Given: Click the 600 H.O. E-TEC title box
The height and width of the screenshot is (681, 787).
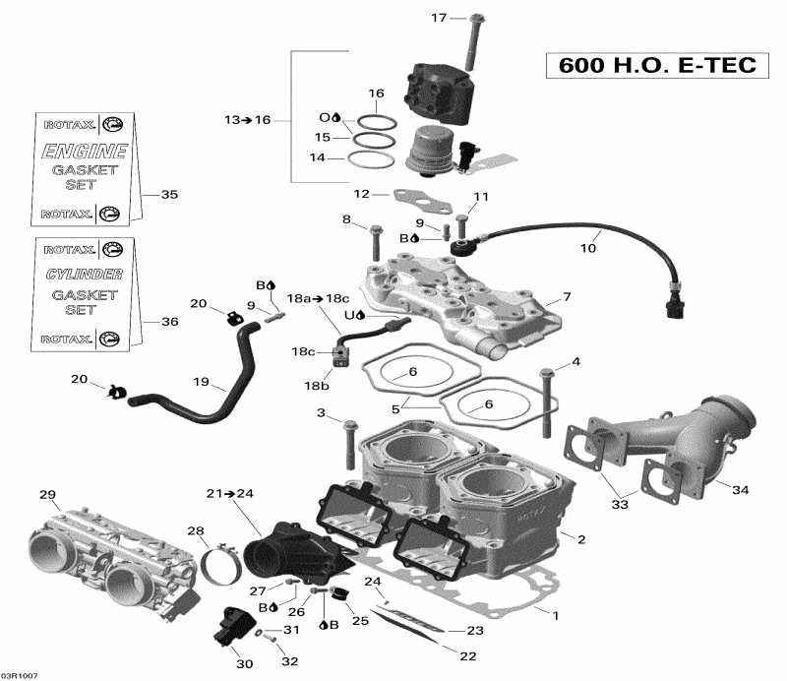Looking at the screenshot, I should (657, 66).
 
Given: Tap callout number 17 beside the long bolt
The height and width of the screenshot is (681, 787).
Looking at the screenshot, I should (439, 18).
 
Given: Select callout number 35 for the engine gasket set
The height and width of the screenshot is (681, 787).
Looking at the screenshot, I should (170, 195).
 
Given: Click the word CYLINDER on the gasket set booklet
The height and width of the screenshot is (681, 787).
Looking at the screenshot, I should (84, 274).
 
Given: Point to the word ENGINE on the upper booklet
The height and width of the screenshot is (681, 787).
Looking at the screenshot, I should (84, 152).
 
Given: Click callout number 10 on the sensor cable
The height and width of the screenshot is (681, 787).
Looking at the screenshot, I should (587, 248).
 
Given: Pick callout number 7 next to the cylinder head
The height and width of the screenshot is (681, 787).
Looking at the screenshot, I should (566, 297).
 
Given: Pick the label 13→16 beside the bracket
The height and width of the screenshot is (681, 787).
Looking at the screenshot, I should (246, 120).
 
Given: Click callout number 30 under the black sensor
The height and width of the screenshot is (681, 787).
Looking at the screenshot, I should (244, 664).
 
